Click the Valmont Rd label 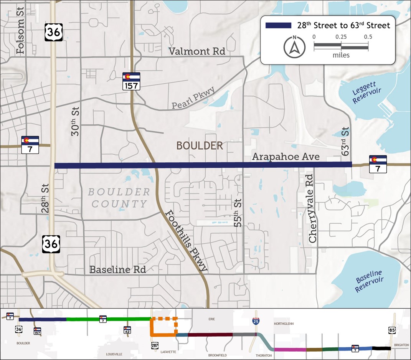point(197,51)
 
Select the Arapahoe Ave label point(286,157)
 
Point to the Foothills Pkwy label point(187,241)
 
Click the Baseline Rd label point(117,269)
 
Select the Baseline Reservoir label point(368,281)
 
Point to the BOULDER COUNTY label point(119,198)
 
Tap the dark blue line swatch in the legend point(278,25)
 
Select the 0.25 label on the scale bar point(341,37)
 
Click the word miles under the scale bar point(341,55)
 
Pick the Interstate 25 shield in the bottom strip point(256,322)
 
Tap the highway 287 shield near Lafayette point(155,346)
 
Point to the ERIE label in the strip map point(211,319)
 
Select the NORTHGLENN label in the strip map point(284,324)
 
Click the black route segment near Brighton point(381,348)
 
